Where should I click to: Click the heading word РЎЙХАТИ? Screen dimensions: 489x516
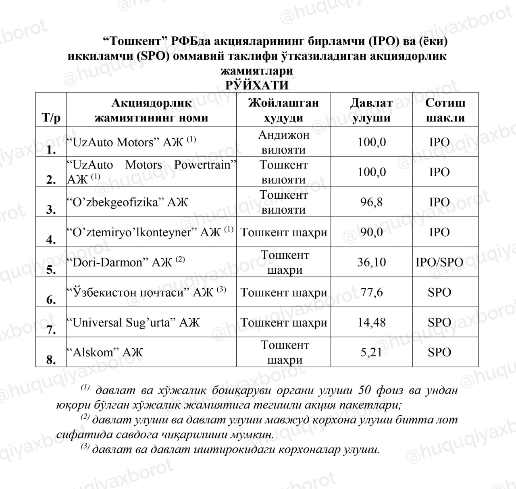(257, 85)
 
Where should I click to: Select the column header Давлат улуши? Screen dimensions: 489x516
(371, 110)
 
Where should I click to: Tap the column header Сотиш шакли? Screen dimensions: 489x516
(445, 110)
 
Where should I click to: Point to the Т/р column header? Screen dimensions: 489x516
(51, 118)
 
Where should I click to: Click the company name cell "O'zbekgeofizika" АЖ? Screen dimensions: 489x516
(128, 202)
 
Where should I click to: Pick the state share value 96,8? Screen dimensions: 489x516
(371, 202)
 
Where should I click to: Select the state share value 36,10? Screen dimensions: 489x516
(371, 262)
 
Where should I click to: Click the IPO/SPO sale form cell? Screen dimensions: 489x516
(439, 262)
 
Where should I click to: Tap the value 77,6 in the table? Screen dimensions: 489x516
(371, 292)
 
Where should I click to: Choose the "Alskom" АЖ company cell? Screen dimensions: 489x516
(105, 352)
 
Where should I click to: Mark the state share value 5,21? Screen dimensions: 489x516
(371, 352)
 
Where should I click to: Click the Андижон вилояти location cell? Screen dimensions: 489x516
(283, 142)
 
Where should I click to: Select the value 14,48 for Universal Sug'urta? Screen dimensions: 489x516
(371, 322)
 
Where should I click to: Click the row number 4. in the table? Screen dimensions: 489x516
(51, 239)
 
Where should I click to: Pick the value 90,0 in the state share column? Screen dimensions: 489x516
(371, 232)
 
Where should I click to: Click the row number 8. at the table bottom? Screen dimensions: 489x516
(51, 360)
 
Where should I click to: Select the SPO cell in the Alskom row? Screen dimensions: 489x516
(439, 352)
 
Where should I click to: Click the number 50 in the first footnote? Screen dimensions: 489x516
(364, 390)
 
